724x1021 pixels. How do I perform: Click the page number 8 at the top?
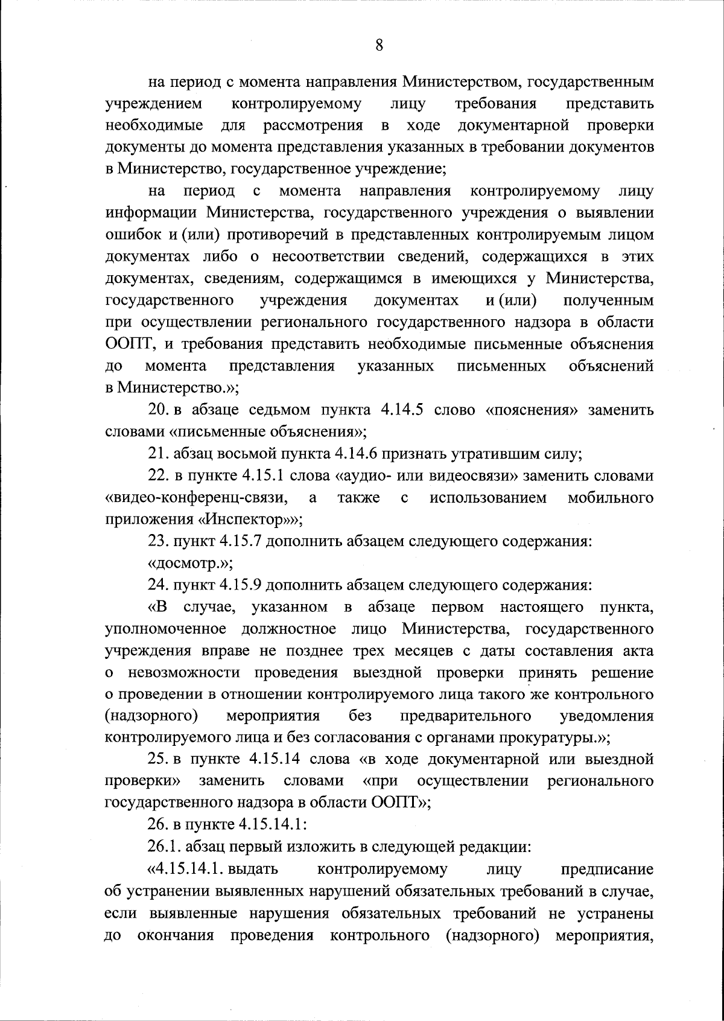(x=379, y=45)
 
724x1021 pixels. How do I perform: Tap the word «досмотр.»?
(x=191, y=563)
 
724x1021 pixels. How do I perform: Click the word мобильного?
(x=611, y=498)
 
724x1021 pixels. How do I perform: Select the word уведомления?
(x=607, y=716)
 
